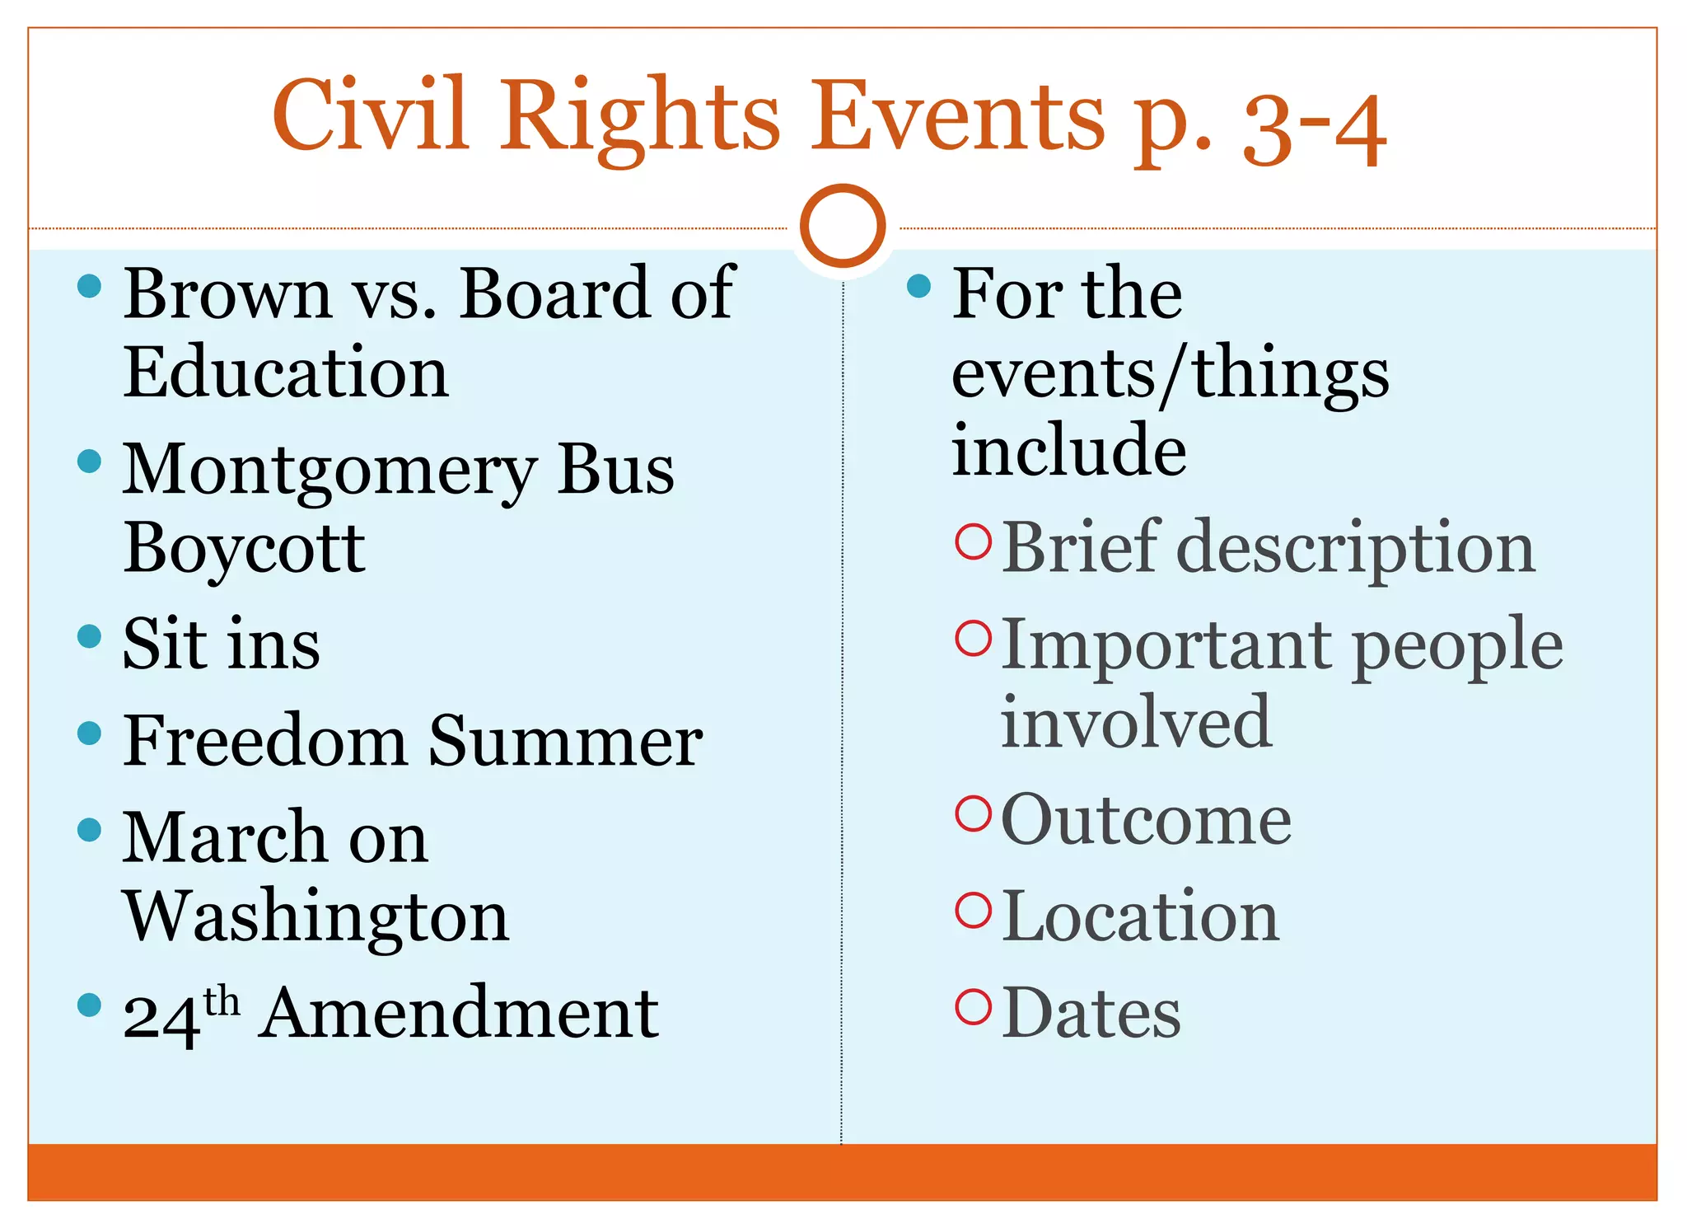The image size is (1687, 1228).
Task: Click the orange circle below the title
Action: pyautogui.click(x=843, y=226)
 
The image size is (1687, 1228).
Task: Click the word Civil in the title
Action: pyautogui.click(x=371, y=115)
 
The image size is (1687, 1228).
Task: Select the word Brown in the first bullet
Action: pyautogui.click(x=227, y=294)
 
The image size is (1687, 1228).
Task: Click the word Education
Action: pyautogui.click(x=286, y=373)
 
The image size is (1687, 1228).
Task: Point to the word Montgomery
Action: pyautogui.click(x=329, y=471)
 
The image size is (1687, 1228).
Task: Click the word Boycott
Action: pyautogui.click(x=244, y=549)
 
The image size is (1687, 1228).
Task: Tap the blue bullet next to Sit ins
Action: pyautogui.click(x=89, y=636)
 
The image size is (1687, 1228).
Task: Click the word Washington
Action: pyautogui.click(x=316, y=916)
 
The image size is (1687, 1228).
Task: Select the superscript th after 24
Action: pyautogui.click(x=222, y=1002)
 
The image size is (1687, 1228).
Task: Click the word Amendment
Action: pyautogui.click(x=458, y=1014)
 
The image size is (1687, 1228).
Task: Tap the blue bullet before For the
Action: pyautogui.click(x=918, y=286)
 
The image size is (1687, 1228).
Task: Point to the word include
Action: pyautogui.click(x=1068, y=450)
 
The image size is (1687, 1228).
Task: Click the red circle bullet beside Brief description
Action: pyautogui.click(x=973, y=541)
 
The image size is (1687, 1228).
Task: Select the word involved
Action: pyautogui.click(x=1136, y=722)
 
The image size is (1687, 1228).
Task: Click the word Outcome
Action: pyautogui.click(x=1146, y=820)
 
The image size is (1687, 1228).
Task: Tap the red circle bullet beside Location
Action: pyautogui.click(x=973, y=910)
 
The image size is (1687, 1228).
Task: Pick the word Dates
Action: pyautogui.click(x=1091, y=1014)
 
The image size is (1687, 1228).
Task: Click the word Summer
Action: pyautogui.click(x=565, y=741)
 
